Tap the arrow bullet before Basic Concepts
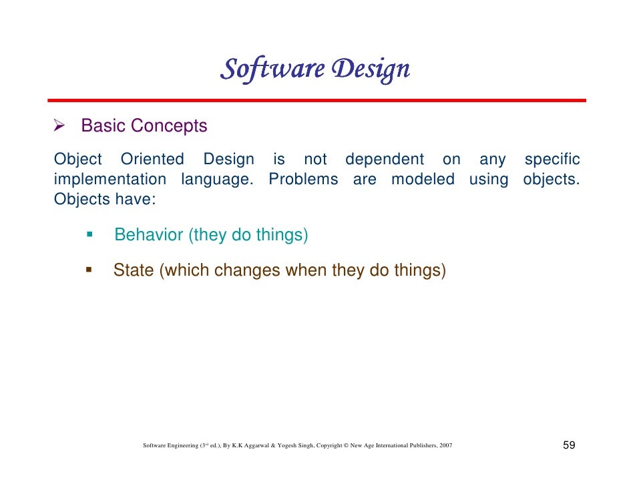click(59, 126)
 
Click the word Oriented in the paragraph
click(152, 160)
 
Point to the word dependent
click(384, 160)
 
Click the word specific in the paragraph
click(552, 160)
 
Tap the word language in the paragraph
click(218, 180)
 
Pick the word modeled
click(423, 180)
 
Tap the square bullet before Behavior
click(88, 234)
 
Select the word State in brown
click(134, 270)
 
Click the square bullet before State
click(88, 270)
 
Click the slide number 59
click(570, 445)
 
